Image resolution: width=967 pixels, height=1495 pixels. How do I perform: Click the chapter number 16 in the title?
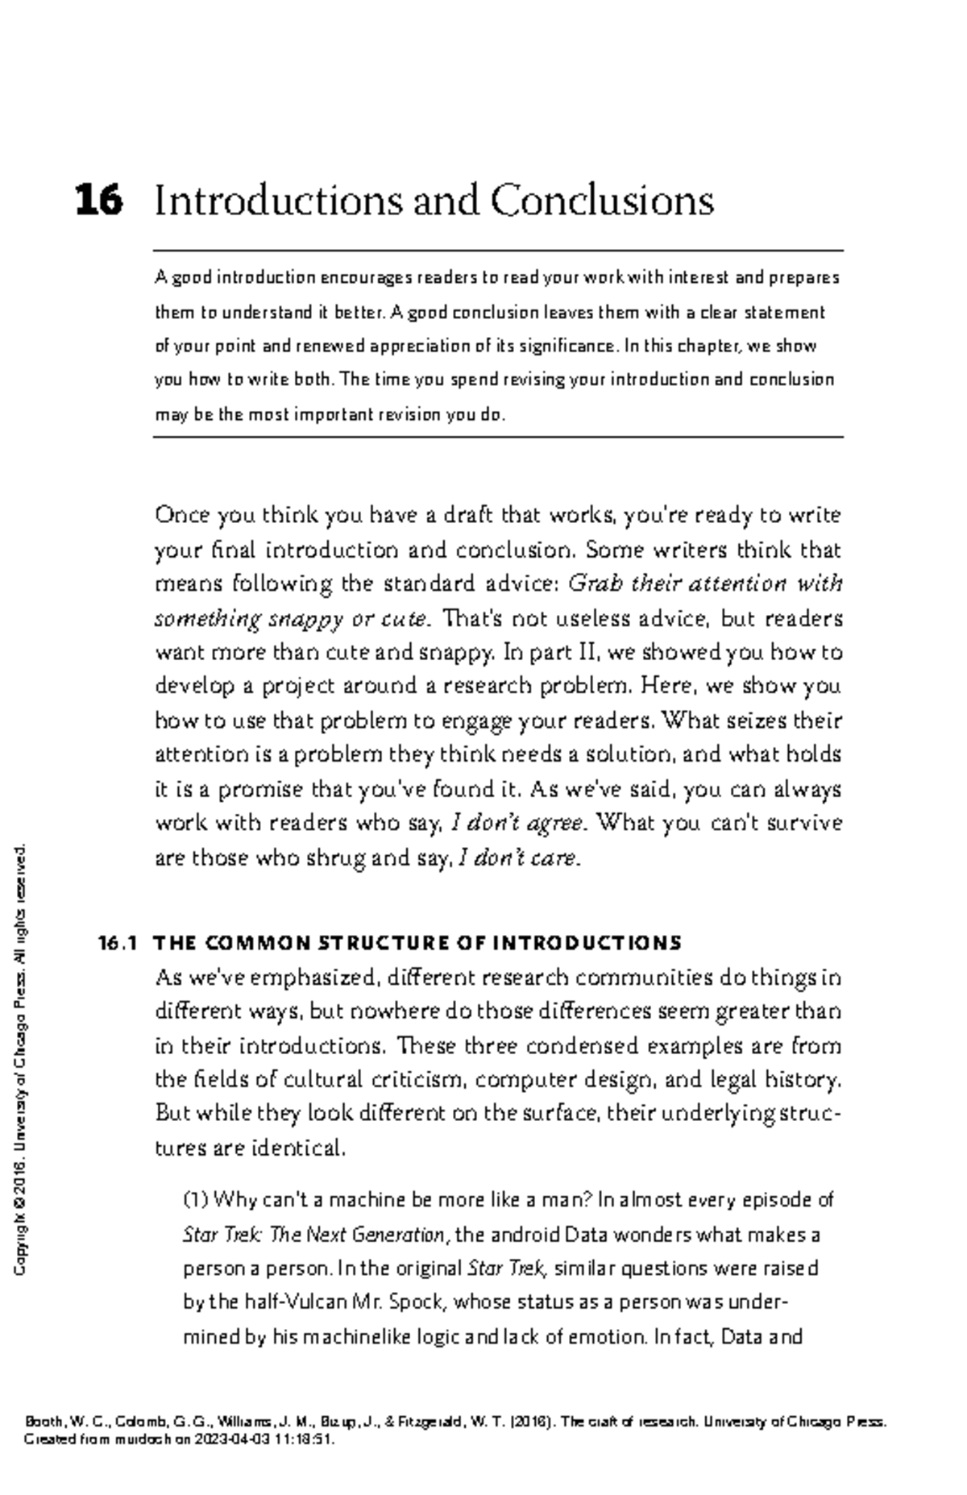click(x=99, y=200)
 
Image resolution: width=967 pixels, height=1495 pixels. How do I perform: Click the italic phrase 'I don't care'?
click(x=517, y=858)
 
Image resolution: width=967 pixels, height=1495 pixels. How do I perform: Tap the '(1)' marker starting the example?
click(x=197, y=1200)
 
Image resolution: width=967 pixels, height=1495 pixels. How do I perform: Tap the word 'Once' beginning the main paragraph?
click(x=181, y=515)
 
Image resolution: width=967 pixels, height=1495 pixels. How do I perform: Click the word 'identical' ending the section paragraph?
click(x=298, y=1148)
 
